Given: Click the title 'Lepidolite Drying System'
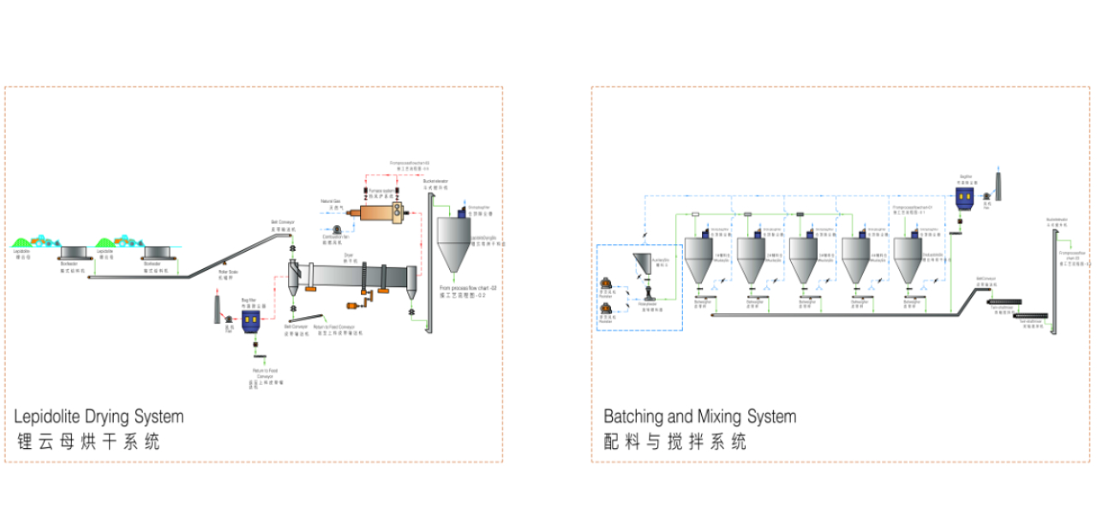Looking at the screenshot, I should coord(99,417).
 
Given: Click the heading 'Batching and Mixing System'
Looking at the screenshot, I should coord(699,417).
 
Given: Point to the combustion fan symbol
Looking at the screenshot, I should coord(338,229).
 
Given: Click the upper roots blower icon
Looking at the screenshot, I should coord(605,284).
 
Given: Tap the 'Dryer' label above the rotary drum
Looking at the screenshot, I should coord(349,254).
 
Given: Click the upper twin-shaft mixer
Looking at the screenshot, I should coord(1004,302).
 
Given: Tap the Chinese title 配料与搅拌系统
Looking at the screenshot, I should coord(674,442).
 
